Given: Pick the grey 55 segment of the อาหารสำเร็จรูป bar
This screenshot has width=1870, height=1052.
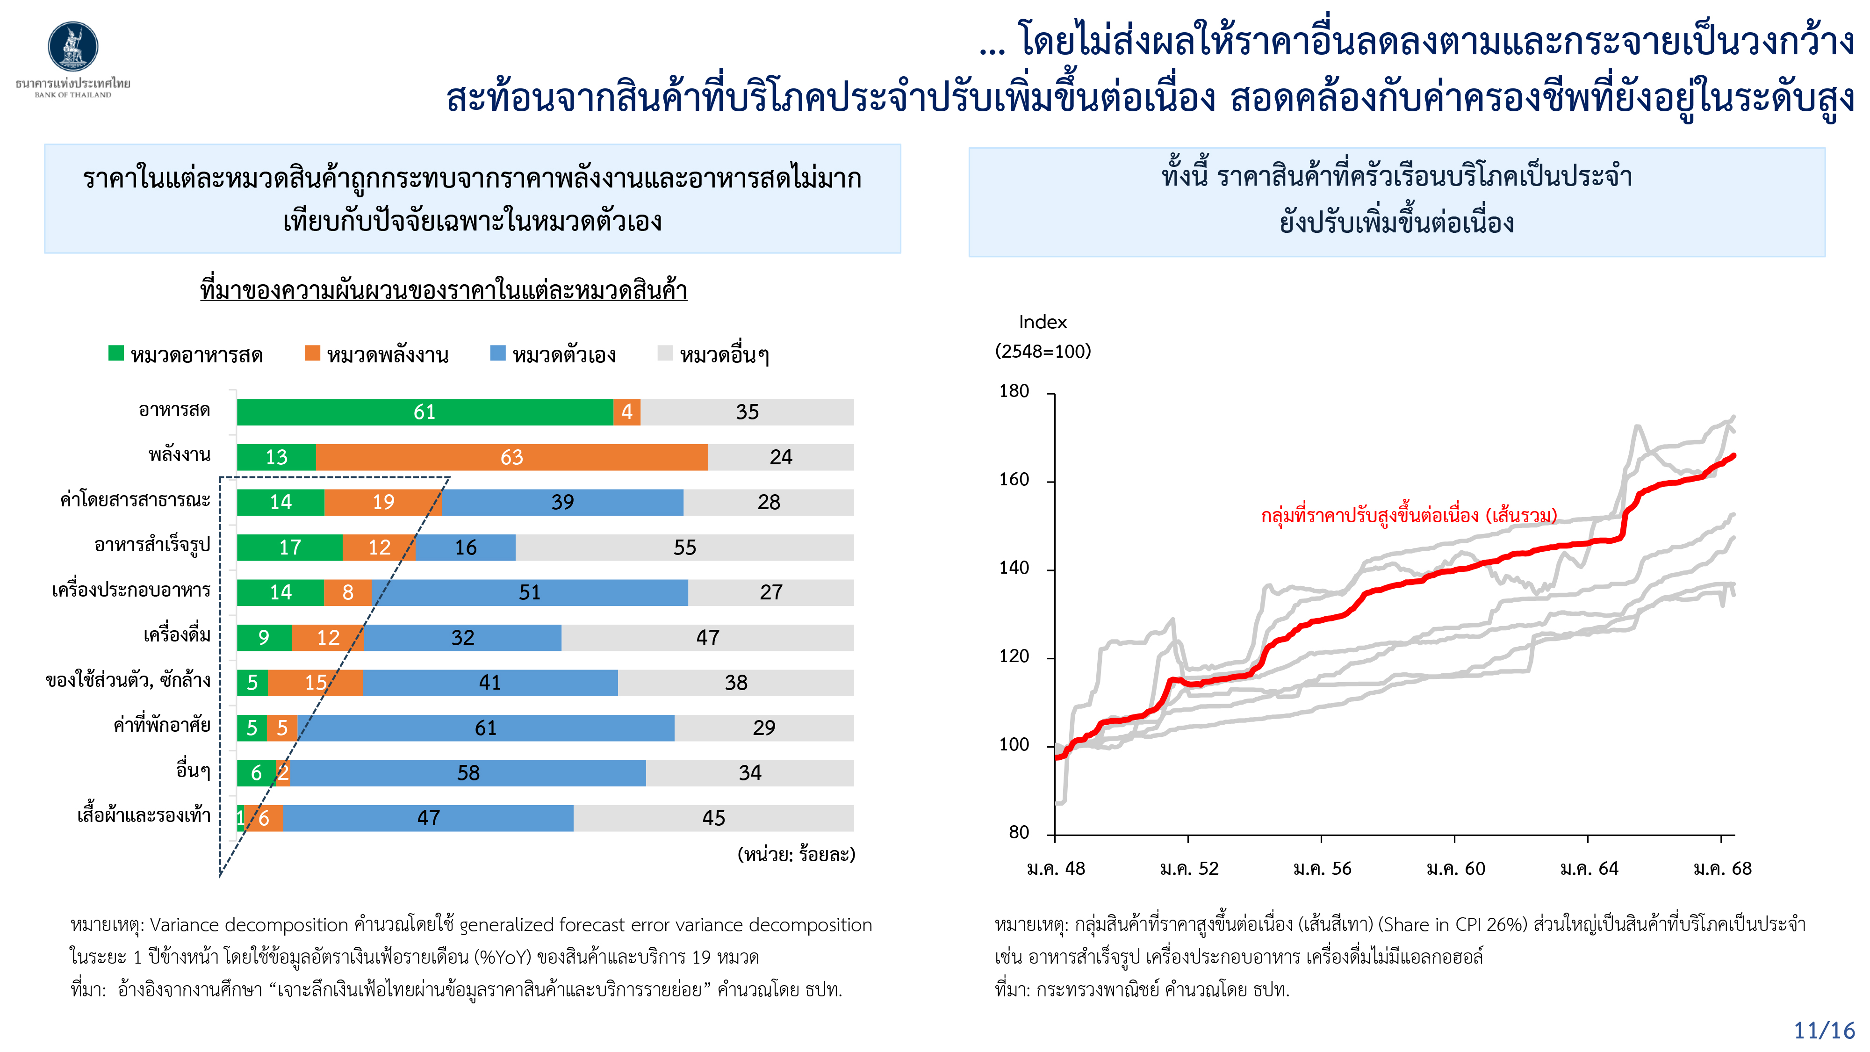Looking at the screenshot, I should [684, 548].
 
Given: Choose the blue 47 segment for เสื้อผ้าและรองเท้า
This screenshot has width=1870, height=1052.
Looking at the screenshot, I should [428, 818].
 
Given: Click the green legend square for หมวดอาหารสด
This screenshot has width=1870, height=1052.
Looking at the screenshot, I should [116, 353].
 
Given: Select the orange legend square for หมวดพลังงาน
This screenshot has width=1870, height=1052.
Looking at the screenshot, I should [312, 353].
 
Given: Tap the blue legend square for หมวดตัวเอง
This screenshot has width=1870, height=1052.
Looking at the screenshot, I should [498, 353].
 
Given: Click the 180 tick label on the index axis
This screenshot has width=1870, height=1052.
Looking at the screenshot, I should [1014, 391].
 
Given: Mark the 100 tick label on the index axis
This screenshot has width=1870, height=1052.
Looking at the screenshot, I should [1014, 745].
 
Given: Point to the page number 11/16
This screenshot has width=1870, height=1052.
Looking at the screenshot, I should [1824, 1030].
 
